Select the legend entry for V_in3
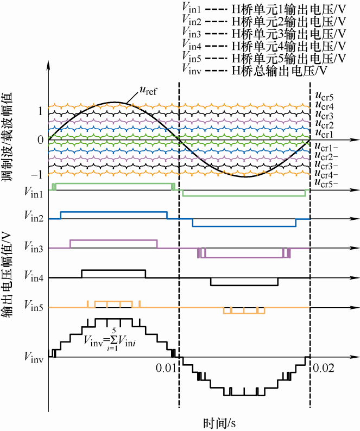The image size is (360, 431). tap(264, 34)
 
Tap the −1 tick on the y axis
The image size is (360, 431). tap(37, 175)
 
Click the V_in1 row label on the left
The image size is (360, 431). tap(34, 191)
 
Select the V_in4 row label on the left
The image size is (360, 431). tap(34, 278)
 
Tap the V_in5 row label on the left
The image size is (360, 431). tap(34, 307)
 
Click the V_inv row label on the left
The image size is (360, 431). tap(34, 357)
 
